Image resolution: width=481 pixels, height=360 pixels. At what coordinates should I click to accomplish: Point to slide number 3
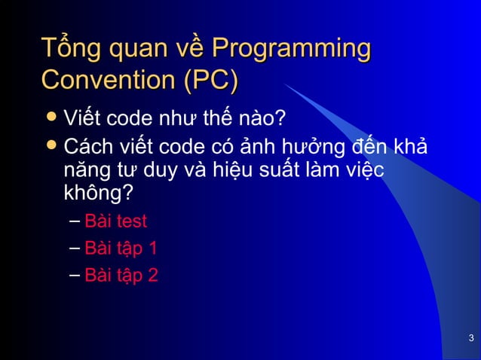tap(470, 337)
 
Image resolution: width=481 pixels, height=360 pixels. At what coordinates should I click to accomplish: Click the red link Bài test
tap(115, 221)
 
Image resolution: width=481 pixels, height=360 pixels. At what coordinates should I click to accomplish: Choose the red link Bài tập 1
tap(121, 249)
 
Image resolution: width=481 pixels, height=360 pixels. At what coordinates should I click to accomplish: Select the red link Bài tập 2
tap(121, 276)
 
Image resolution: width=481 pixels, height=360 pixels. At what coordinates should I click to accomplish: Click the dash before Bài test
tap(73, 221)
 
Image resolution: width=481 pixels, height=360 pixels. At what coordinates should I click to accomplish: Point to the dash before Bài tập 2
tap(73, 276)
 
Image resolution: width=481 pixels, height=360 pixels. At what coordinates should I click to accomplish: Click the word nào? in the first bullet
tap(263, 119)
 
